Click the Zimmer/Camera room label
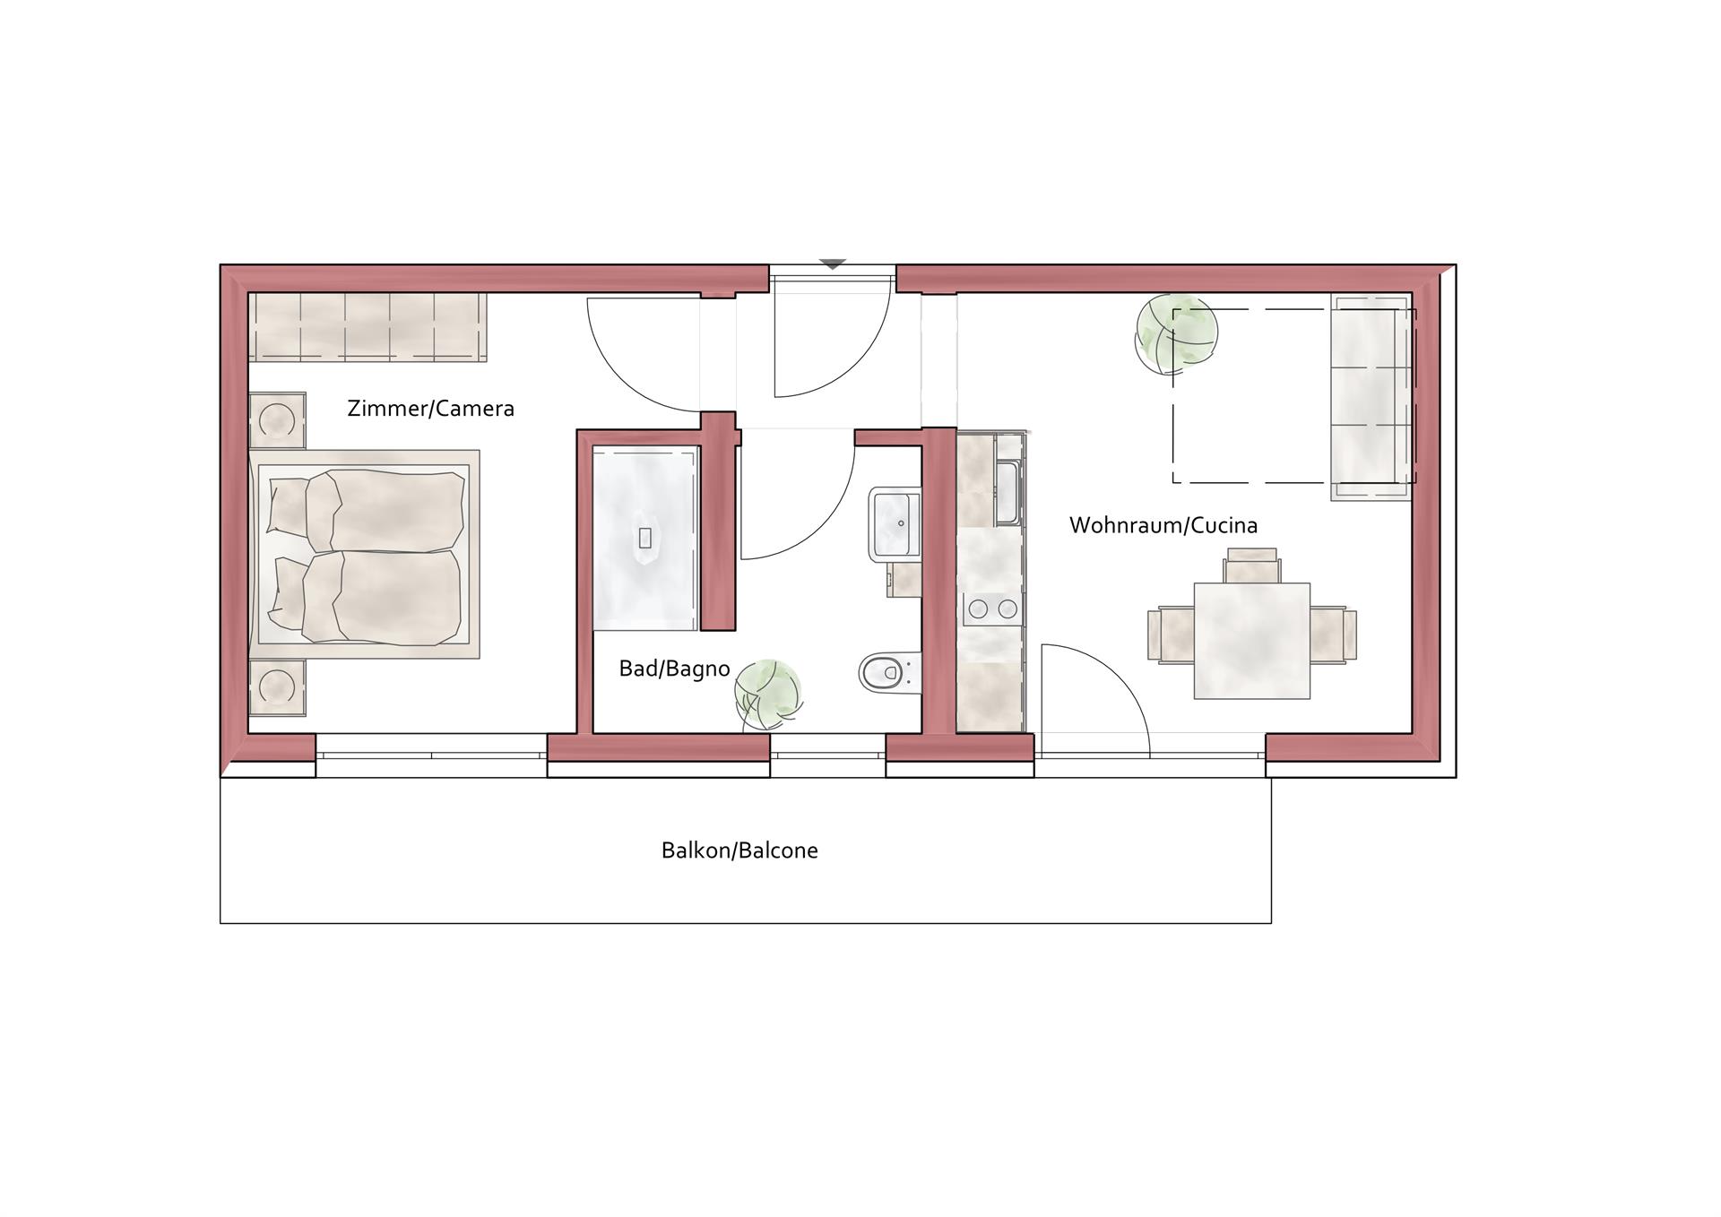pyautogui.click(x=430, y=409)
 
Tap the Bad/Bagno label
pyautogui.click(x=674, y=669)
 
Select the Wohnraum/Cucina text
pyautogui.click(x=1163, y=525)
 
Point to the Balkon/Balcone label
pyautogui.click(x=739, y=850)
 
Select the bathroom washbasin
pyautogui.click(x=894, y=524)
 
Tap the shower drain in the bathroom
pyautogui.click(x=645, y=538)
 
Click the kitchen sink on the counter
pyautogui.click(x=1008, y=493)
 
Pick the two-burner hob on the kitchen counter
pyautogui.click(x=992, y=609)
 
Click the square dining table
pyautogui.click(x=1251, y=641)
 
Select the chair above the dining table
pyautogui.click(x=1252, y=565)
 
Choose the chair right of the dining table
pyautogui.click(x=1333, y=634)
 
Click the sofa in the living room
pyautogui.click(x=1372, y=397)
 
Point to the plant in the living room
pyautogui.click(x=1176, y=334)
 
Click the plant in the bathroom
pyautogui.click(x=768, y=694)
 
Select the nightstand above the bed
pyautogui.click(x=277, y=419)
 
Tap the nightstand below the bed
pyautogui.click(x=277, y=687)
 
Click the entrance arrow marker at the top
pyautogui.click(x=833, y=264)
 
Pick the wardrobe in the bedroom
pyautogui.click(x=368, y=327)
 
